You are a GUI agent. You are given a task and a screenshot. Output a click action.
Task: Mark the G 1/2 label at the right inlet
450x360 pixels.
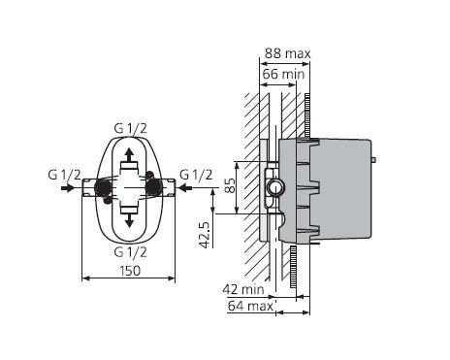tap(196, 175)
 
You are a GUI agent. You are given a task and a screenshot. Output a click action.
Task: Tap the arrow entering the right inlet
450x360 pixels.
tap(192, 189)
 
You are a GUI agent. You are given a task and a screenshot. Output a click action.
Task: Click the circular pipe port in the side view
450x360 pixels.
tap(274, 187)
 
